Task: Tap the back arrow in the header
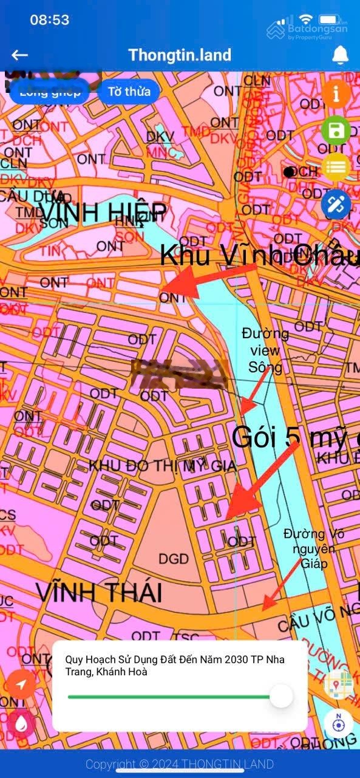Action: click(x=20, y=55)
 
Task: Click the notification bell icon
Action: click(x=341, y=55)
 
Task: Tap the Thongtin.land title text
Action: click(x=180, y=55)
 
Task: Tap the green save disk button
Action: click(x=336, y=131)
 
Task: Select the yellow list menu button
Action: click(x=336, y=166)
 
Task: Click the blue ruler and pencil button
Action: click(x=336, y=204)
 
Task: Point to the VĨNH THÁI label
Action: click(x=98, y=592)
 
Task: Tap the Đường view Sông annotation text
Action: click(x=265, y=350)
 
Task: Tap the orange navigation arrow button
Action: click(x=22, y=684)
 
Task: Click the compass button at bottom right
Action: click(x=339, y=724)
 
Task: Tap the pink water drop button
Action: click(x=22, y=723)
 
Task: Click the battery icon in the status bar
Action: click(x=328, y=19)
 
